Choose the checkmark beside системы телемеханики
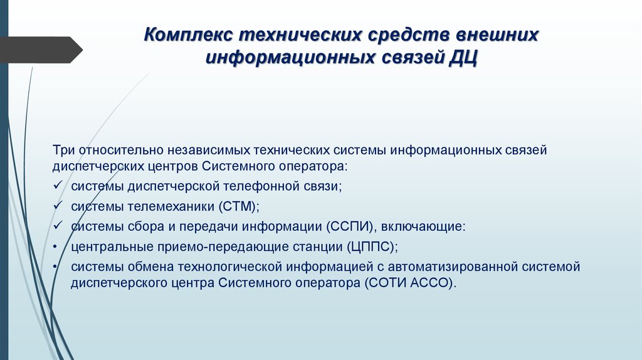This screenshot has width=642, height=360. coord(57,206)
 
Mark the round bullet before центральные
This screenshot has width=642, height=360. coord(56,246)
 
